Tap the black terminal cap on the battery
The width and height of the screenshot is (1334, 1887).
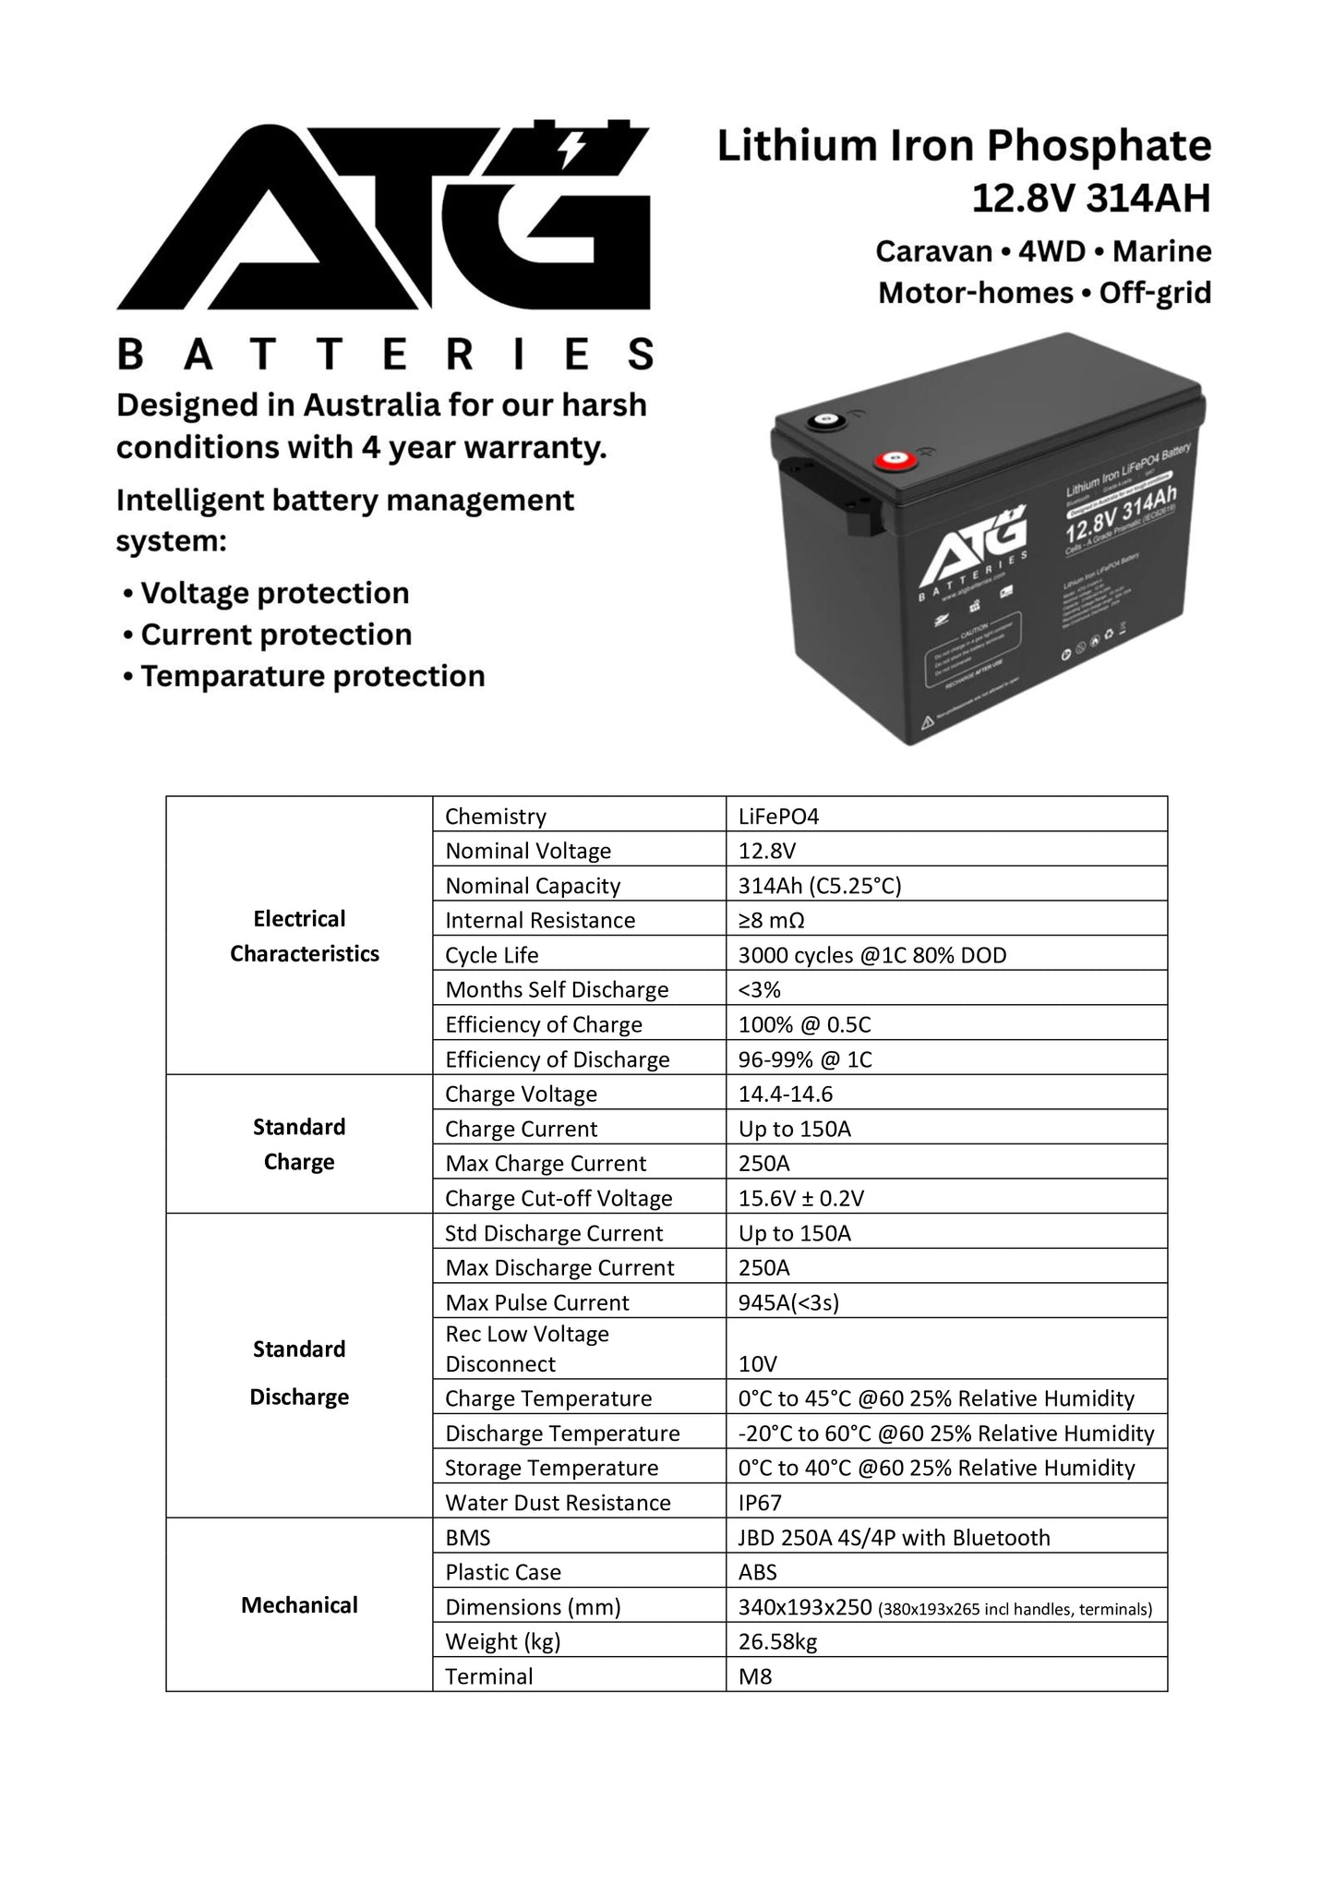[x=820, y=422]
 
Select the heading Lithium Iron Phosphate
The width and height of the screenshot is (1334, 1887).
[x=964, y=146]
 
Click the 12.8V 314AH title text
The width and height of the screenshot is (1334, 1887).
[x=1090, y=198]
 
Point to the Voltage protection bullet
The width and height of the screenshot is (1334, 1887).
[x=274, y=593]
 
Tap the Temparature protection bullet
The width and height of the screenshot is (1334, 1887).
[x=312, y=676]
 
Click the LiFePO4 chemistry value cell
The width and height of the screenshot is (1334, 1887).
[x=778, y=816]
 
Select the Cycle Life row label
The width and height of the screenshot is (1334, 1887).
[x=491, y=955]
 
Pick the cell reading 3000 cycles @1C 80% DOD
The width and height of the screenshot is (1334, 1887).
[x=871, y=955]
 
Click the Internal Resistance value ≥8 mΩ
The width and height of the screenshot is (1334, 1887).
[x=778, y=920]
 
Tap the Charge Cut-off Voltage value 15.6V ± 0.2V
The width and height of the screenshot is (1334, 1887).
[x=800, y=1198]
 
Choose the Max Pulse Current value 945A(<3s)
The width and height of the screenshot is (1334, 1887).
[x=788, y=1302]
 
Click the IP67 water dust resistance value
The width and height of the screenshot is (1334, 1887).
[x=760, y=1503]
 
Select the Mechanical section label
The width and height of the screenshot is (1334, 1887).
[x=299, y=1605]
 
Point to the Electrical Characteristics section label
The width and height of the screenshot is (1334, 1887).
[x=304, y=936]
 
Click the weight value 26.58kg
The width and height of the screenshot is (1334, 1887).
[x=777, y=1641]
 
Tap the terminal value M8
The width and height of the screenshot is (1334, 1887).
[x=754, y=1676]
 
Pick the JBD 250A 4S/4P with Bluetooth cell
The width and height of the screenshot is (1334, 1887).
[x=894, y=1538]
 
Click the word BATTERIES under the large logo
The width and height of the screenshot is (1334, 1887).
[x=385, y=355]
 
